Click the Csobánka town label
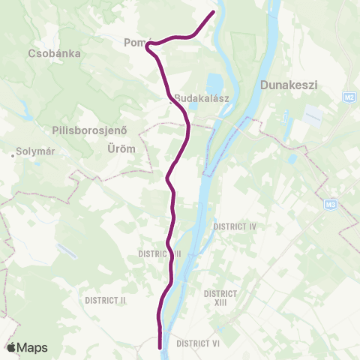53,54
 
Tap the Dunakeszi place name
289,85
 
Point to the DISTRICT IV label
235,226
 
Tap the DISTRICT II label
105,300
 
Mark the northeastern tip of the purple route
214,12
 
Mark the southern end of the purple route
161,346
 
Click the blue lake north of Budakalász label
214,81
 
